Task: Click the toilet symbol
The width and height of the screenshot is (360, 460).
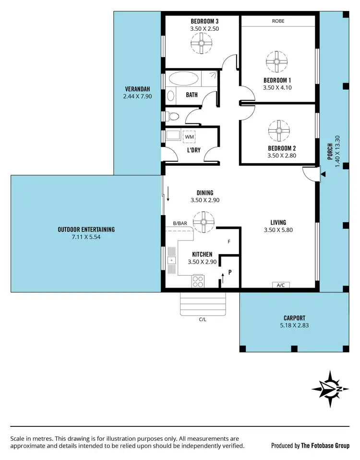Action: (172, 116)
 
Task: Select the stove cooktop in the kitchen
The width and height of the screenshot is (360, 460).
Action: (198, 281)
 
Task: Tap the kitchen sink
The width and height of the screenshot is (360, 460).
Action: (171, 261)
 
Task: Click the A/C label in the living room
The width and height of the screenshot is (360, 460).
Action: (281, 285)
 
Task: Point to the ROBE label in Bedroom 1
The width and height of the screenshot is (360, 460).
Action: (278, 21)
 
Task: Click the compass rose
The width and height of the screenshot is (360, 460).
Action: (330, 388)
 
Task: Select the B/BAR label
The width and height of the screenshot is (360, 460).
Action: (180, 223)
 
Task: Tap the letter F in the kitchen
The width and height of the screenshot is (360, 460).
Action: (229, 242)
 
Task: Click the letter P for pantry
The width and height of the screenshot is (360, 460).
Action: (230, 272)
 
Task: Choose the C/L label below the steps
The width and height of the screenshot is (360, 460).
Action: (203, 319)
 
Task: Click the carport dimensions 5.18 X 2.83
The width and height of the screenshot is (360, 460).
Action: (294, 325)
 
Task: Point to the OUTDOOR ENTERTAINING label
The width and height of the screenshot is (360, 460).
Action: (86, 230)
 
